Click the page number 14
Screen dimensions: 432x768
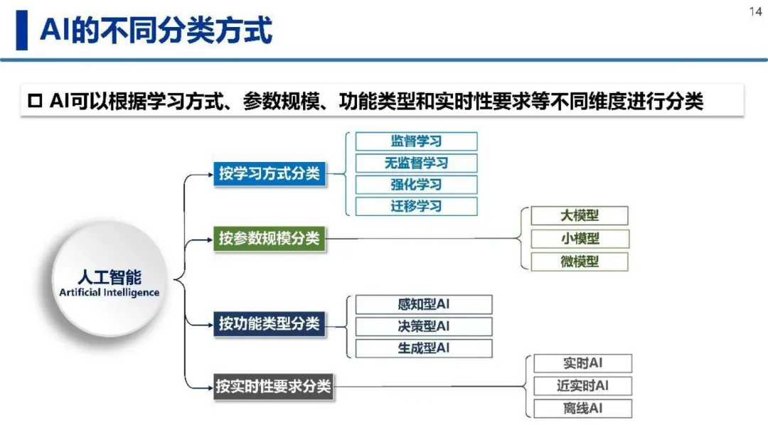(x=755, y=11)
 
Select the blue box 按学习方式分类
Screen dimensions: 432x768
(x=270, y=173)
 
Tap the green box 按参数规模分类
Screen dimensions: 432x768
(x=270, y=239)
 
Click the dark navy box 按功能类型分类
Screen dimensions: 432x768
(x=270, y=324)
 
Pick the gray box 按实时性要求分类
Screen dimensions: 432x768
(x=273, y=387)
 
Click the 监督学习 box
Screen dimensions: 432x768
(x=416, y=141)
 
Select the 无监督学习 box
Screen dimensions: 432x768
(x=416, y=163)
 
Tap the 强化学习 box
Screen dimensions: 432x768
(x=416, y=185)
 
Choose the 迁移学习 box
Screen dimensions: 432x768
(x=416, y=206)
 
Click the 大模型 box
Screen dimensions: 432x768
(x=580, y=216)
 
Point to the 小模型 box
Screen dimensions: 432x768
(x=580, y=239)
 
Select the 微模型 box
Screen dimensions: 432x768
(x=580, y=261)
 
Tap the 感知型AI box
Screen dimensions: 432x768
(x=424, y=305)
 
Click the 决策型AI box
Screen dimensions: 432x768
(x=424, y=327)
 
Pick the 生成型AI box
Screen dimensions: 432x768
(x=424, y=348)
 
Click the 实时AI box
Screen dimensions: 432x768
(x=582, y=364)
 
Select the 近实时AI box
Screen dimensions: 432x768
(x=582, y=386)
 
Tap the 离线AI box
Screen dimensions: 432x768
(x=582, y=409)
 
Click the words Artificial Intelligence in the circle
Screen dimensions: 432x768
(x=110, y=293)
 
